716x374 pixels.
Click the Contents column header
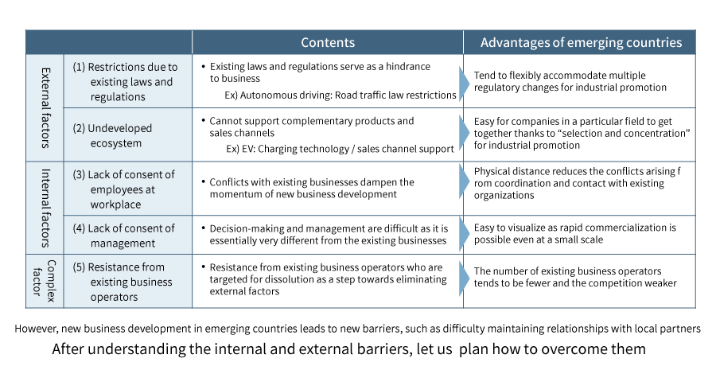click(327, 42)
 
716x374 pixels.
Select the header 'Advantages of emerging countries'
click(581, 42)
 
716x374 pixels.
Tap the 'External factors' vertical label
click(45, 107)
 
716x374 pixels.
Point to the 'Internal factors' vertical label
click(45, 207)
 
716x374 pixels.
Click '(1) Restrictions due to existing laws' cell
click(125, 81)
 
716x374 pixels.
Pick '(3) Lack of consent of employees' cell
click(123, 189)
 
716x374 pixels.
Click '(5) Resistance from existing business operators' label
click(123, 282)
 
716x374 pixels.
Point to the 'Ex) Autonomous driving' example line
click(340, 95)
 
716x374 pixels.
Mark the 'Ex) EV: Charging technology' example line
click(340, 148)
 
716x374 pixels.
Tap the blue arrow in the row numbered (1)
click(464, 80)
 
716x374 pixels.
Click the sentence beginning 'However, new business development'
click(358, 328)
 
